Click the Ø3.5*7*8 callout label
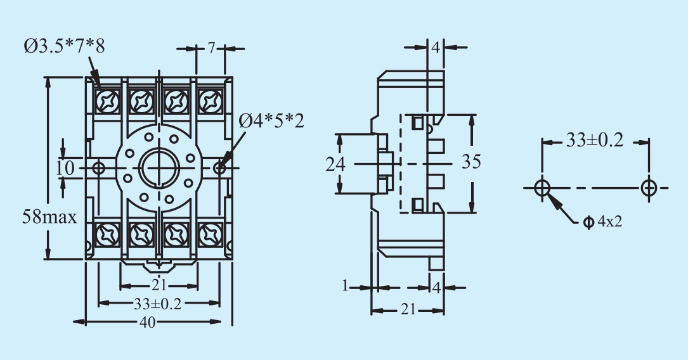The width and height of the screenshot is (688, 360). click(65, 46)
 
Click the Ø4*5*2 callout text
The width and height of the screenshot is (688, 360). click(271, 121)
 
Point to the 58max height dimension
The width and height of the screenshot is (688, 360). click(49, 217)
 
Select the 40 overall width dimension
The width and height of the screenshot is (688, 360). click(147, 323)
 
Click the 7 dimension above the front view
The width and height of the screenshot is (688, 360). click(212, 48)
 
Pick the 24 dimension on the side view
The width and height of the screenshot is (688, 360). click(335, 164)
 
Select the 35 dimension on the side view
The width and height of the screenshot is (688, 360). click(471, 162)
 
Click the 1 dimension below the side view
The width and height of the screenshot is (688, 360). click(345, 286)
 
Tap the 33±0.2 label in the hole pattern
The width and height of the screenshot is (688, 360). click(595, 140)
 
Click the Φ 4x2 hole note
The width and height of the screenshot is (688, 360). click(603, 221)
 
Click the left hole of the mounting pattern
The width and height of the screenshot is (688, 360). click(542, 188)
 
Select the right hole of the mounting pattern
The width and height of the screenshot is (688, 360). click(649, 188)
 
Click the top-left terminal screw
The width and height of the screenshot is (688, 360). click(108, 101)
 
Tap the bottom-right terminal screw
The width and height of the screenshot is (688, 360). click(211, 235)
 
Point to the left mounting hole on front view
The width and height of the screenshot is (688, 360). click(98, 167)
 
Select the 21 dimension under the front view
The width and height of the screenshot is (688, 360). click(159, 285)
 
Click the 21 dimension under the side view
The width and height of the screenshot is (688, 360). click(408, 309)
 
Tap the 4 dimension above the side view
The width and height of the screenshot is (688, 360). click(436, 47)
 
